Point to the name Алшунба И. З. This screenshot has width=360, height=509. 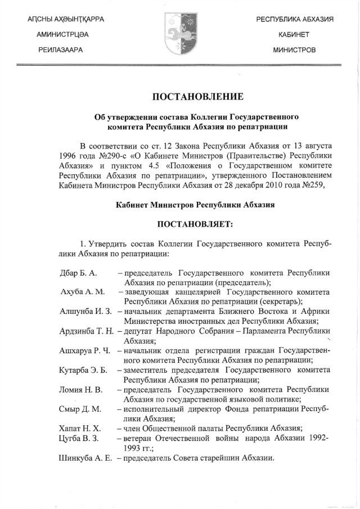[86, 311]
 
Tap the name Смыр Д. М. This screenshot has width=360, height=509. [80, 408]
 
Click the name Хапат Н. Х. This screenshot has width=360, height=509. [80, 428]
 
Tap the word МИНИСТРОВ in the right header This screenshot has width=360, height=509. [294, 50]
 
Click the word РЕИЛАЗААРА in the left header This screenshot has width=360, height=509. [61, 50]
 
